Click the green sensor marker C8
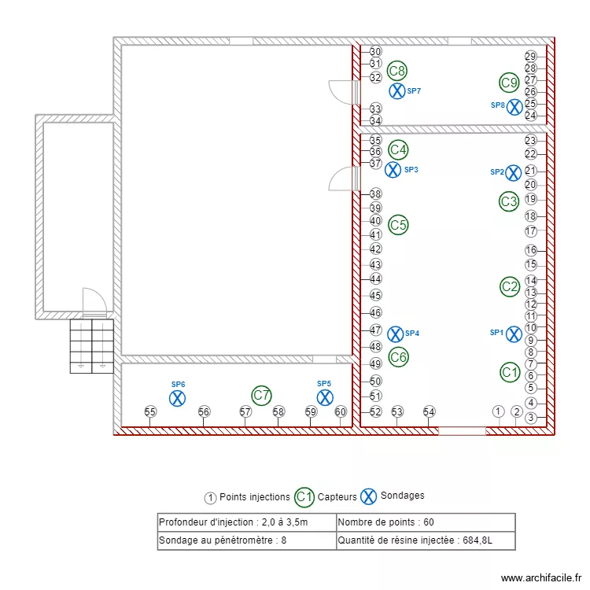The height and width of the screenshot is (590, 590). click(397, 71)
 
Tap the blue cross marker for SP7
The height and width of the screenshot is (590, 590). click(397, 91)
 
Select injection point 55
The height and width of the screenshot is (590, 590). click(150, 411)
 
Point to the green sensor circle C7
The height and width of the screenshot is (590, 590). click(261, 395)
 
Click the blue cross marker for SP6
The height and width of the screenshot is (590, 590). click(178, 398)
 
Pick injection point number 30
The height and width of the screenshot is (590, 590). click(375, 51)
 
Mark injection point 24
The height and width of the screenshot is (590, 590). click(530, 116)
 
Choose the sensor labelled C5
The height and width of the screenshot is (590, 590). click(399, 225)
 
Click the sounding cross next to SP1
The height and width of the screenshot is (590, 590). click(514, 334)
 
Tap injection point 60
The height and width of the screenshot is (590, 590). click(341, 411)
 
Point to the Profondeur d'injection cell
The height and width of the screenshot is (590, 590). click(233, 522)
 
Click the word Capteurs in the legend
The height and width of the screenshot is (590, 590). click(337, 496)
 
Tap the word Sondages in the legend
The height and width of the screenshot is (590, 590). click(402, 496)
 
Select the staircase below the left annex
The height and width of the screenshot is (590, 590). click(92, 345)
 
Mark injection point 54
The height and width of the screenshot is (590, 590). click(429, 411)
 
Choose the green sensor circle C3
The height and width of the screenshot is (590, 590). click(509, 201)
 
